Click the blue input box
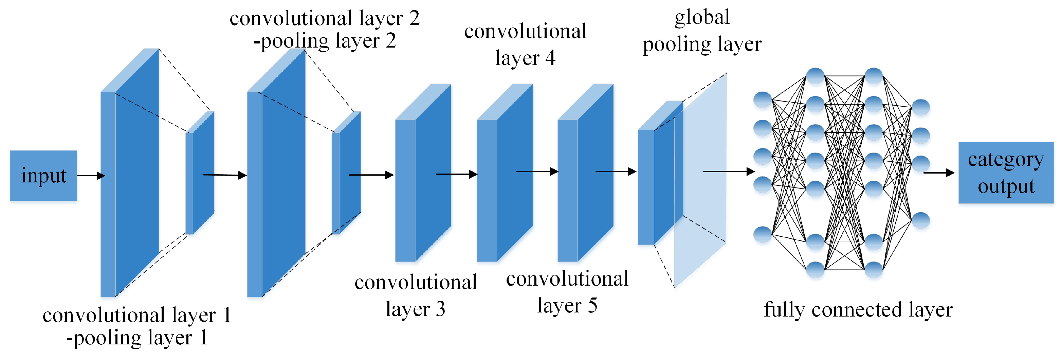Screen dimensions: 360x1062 pyautogui.click(x=43, y=176)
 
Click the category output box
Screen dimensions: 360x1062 pyautogui.click(x=1006, y=173)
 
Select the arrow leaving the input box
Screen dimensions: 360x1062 pyautogui.click(x=91, y=176)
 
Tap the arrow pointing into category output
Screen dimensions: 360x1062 pyautogui.click(x=938, y=173)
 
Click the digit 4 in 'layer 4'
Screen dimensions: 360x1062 pyautogui.click(x=550, y=58)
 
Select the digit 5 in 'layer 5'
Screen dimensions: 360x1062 pyautogui.click(x=592, y=306)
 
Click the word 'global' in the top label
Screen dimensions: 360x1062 pyautogui.click(x=702, y=18)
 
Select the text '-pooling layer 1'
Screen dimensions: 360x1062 pyautogui.click(x=137, y=338)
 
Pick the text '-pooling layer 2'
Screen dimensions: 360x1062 pyautogui.click(x=325, y=41)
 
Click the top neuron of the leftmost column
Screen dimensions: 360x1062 pyautogui.click(x=762, y=100)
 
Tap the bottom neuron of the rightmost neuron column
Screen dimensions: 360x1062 pyautogui.click(x=921, y=220)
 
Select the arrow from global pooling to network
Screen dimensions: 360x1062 pyautogui.click(x=728, y=171)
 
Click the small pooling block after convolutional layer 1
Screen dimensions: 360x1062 pyautogui.click(x=200, y=173)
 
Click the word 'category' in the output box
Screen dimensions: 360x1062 pyautogui.click(x=1006, y=160)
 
